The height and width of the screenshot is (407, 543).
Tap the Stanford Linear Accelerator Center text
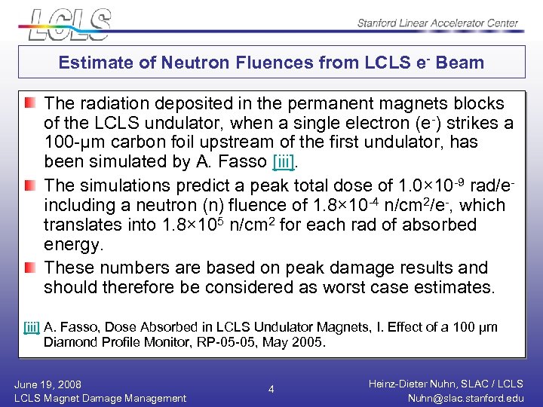(x=437, y=23)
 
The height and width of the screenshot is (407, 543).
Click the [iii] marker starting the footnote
(x=32, y=327)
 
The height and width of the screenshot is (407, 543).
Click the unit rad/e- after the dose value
(x=501, y=185)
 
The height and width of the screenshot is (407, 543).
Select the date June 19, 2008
(x=48, y=384)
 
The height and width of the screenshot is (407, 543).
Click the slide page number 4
(x=271, y=390)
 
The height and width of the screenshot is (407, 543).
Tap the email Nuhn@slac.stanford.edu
(x=465, y=398)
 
